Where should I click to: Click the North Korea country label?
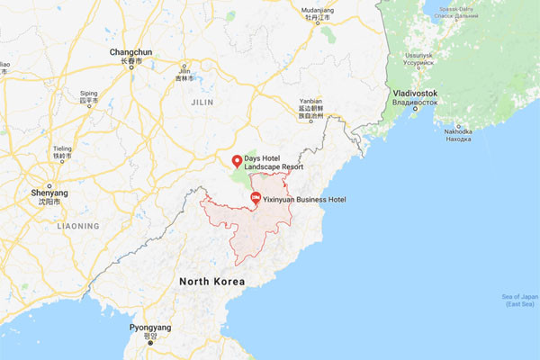(x=211, y=282)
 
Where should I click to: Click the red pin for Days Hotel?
(x=237, y=161)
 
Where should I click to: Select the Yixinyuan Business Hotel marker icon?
(x=255, y=198)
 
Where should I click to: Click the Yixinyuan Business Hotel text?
(x=305, y=199)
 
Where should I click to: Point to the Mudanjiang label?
(x=312, y=11)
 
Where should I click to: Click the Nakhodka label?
(x=458, y=131)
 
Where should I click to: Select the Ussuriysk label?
(x=418, y=56)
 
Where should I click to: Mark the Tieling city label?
(x=62, y=148)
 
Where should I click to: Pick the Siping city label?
(x=88, y=93)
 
